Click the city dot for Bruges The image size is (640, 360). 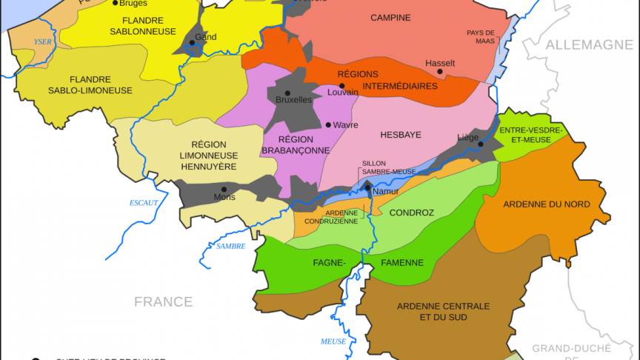tap(115, 3)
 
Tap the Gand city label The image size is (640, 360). tap(205, 36)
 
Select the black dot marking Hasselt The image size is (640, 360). tap(440, 72)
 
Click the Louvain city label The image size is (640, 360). tap(343, 93)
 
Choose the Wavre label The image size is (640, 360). tap(346, 124)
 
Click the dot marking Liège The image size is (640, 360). tap(481, 144)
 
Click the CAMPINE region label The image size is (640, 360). tap(391, 18)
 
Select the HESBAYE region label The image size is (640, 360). tap(400, 136)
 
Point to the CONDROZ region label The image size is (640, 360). tap(411, 213)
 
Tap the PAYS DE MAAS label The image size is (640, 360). tap(481, 36)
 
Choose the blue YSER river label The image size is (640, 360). tap(43, 42)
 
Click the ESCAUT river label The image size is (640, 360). tap(144, 201)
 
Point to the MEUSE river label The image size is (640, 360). tap(333, 341)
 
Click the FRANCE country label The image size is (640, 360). tap(163, 301)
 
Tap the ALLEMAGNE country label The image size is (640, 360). tap(589, 45)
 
